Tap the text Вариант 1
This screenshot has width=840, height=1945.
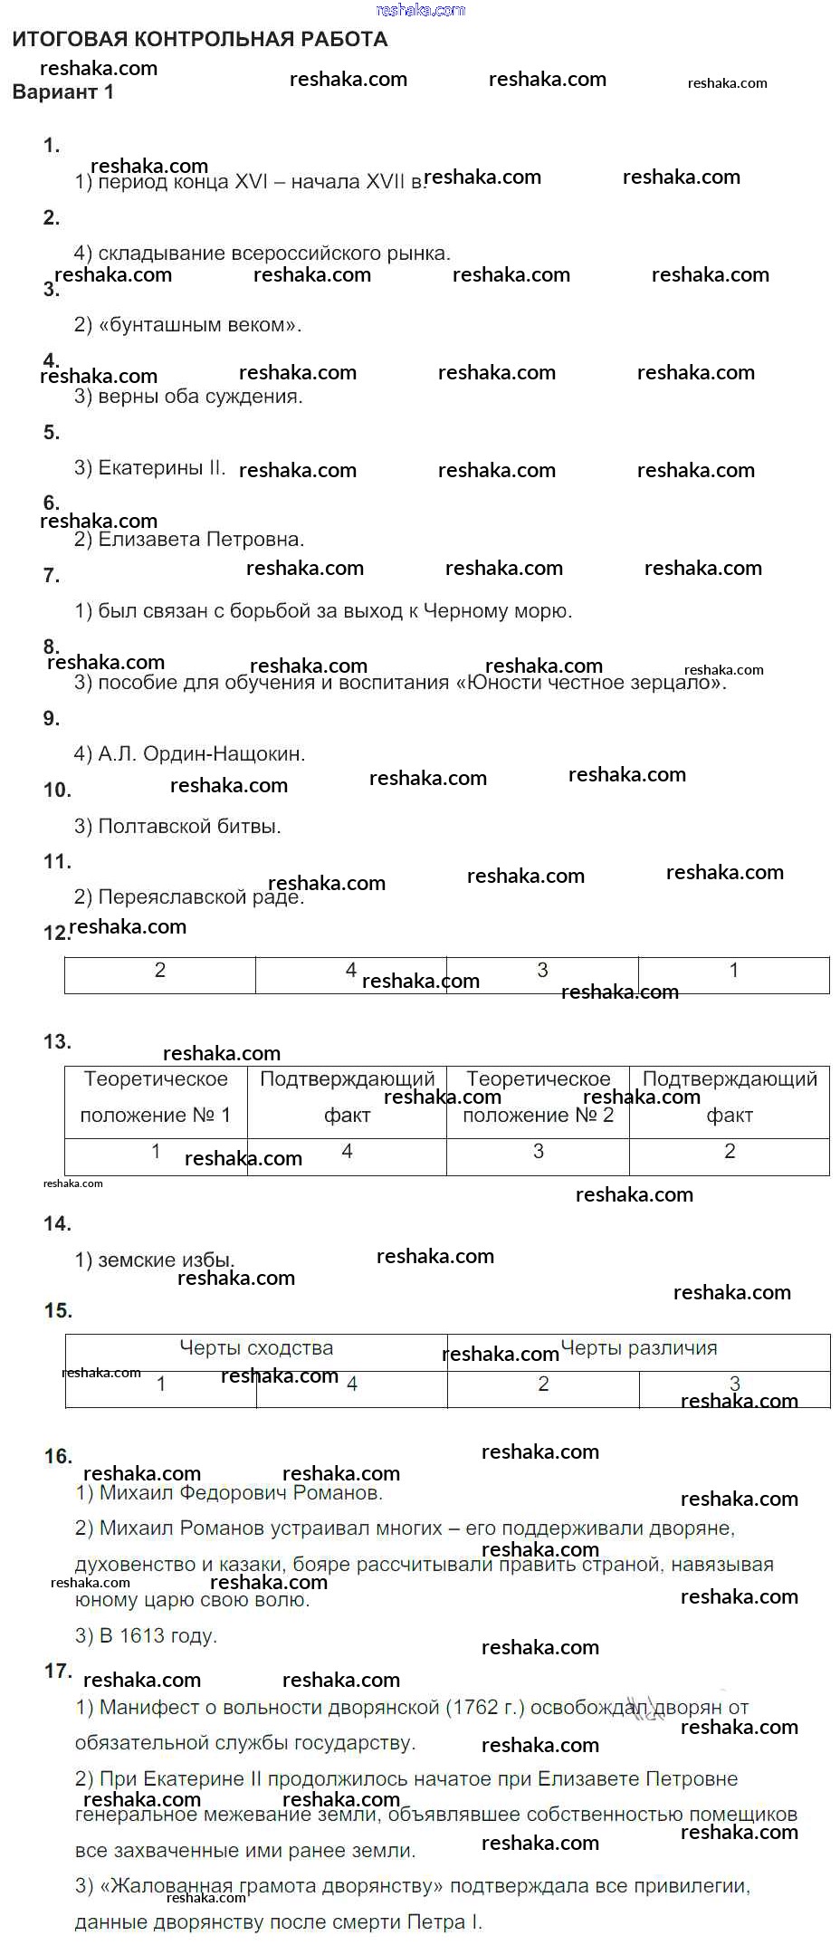click(63, 92)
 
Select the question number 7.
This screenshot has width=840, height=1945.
click(52, 575)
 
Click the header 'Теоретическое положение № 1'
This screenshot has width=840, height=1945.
click(156, 1097)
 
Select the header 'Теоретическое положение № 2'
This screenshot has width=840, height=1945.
click(539, 1097)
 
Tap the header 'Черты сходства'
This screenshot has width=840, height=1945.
click(256, 1348)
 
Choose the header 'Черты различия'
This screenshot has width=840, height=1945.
click(639, 1348)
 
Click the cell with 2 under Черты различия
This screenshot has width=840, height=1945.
click(543, 1384)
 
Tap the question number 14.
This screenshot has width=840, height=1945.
click(57, 1224)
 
